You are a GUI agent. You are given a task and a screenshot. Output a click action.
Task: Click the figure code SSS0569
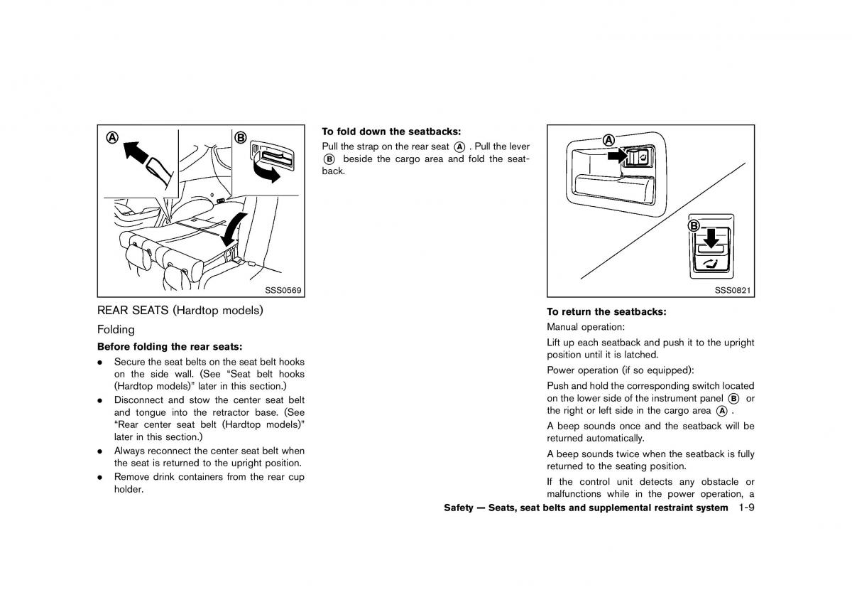point(284,290)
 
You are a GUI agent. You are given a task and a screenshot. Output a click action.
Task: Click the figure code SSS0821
point(733,290)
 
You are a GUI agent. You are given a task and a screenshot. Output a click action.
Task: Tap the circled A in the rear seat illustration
point(111,138)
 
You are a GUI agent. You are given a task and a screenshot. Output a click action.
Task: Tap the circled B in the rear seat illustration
point(241,138)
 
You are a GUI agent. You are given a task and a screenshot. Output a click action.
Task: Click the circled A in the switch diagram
point(608,140)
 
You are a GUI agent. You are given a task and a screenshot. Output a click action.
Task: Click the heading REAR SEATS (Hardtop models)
point(180,311)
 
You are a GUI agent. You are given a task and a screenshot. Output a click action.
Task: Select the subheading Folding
point(116,330)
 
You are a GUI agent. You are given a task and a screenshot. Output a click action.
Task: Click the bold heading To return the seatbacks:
point(606,311)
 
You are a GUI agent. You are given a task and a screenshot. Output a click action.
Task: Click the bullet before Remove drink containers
point(101,477)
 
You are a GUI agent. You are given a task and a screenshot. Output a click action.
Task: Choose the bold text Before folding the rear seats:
point(170,347)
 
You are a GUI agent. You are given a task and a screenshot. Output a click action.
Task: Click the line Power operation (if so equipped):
point(610,370)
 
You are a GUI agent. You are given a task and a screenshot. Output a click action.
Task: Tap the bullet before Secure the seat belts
point(101,363)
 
